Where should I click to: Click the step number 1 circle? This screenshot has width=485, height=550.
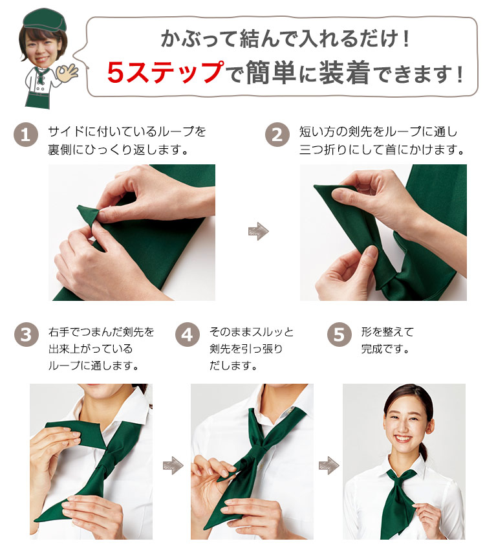click(26, 135)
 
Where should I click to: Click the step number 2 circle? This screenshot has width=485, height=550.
click(277, 135)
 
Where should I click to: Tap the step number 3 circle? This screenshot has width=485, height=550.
click(27, 335)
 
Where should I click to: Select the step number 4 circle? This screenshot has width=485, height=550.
click(187, 335)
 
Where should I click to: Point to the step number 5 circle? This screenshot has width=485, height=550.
click(339, 335)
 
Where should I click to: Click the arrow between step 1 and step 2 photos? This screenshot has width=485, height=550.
click(258, 231)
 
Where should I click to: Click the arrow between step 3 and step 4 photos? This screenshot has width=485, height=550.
click(173, 465)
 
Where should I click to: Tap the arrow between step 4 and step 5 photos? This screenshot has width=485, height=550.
click(329, 465)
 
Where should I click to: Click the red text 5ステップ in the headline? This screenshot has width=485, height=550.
click(165, 72)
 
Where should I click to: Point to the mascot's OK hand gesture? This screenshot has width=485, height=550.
click(68, 72)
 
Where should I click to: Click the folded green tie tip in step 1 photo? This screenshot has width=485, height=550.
click(87, 215)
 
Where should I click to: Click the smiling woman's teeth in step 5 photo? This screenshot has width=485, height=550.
click(403, 439)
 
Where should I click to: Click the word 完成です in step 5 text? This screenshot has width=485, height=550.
click(385, 349)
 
